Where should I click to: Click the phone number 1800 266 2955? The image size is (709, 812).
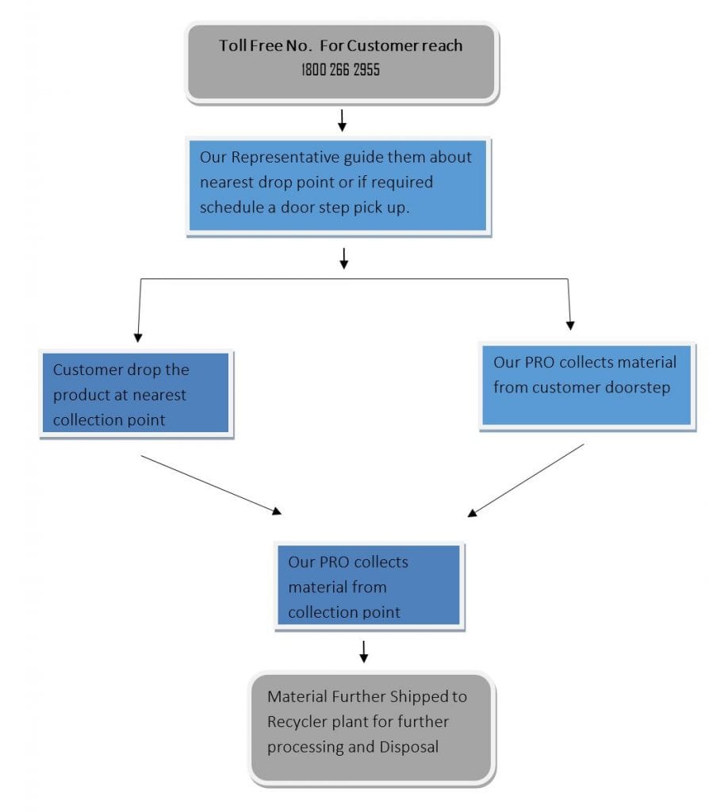tap(340, 70)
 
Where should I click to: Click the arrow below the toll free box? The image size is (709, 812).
tap(342, 121)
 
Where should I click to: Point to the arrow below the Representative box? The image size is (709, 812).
tap(343, 258)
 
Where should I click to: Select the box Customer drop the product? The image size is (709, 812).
tap(135, 394)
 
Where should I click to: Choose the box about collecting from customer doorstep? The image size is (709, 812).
tap(586, 385)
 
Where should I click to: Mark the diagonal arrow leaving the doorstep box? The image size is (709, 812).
tap(526, 481)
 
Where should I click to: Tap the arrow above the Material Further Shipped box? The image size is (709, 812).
tap(364, 652)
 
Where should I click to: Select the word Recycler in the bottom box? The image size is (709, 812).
tap(300, 722)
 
